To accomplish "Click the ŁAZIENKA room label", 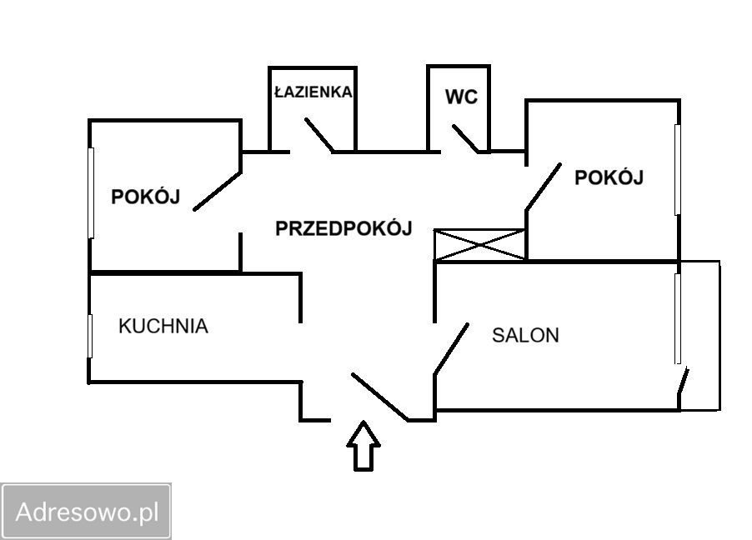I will click(313, 92).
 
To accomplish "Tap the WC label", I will click(461, 97).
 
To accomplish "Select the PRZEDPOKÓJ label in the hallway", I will click(343, 229).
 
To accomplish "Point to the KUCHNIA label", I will click(163, 326).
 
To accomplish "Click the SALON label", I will click(525, 336).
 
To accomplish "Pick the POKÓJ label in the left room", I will click(146, 197).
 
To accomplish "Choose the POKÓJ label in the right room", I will click(609, 177).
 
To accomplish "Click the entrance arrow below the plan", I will click(363, 447).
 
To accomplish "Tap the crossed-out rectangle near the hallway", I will click(480, 244).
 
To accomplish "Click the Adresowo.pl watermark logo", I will click(87, 511).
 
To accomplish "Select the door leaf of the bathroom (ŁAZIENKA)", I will click(319, 135).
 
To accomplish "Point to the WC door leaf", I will click(466, 139).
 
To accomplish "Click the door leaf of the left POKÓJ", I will click(217, 191).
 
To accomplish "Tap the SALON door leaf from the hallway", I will click(451, 348).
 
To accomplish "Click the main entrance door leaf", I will click(379, 397).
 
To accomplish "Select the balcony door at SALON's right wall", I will click(684, 389).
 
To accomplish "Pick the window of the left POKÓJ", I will click(91, 192).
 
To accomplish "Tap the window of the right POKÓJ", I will click(678, 169).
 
